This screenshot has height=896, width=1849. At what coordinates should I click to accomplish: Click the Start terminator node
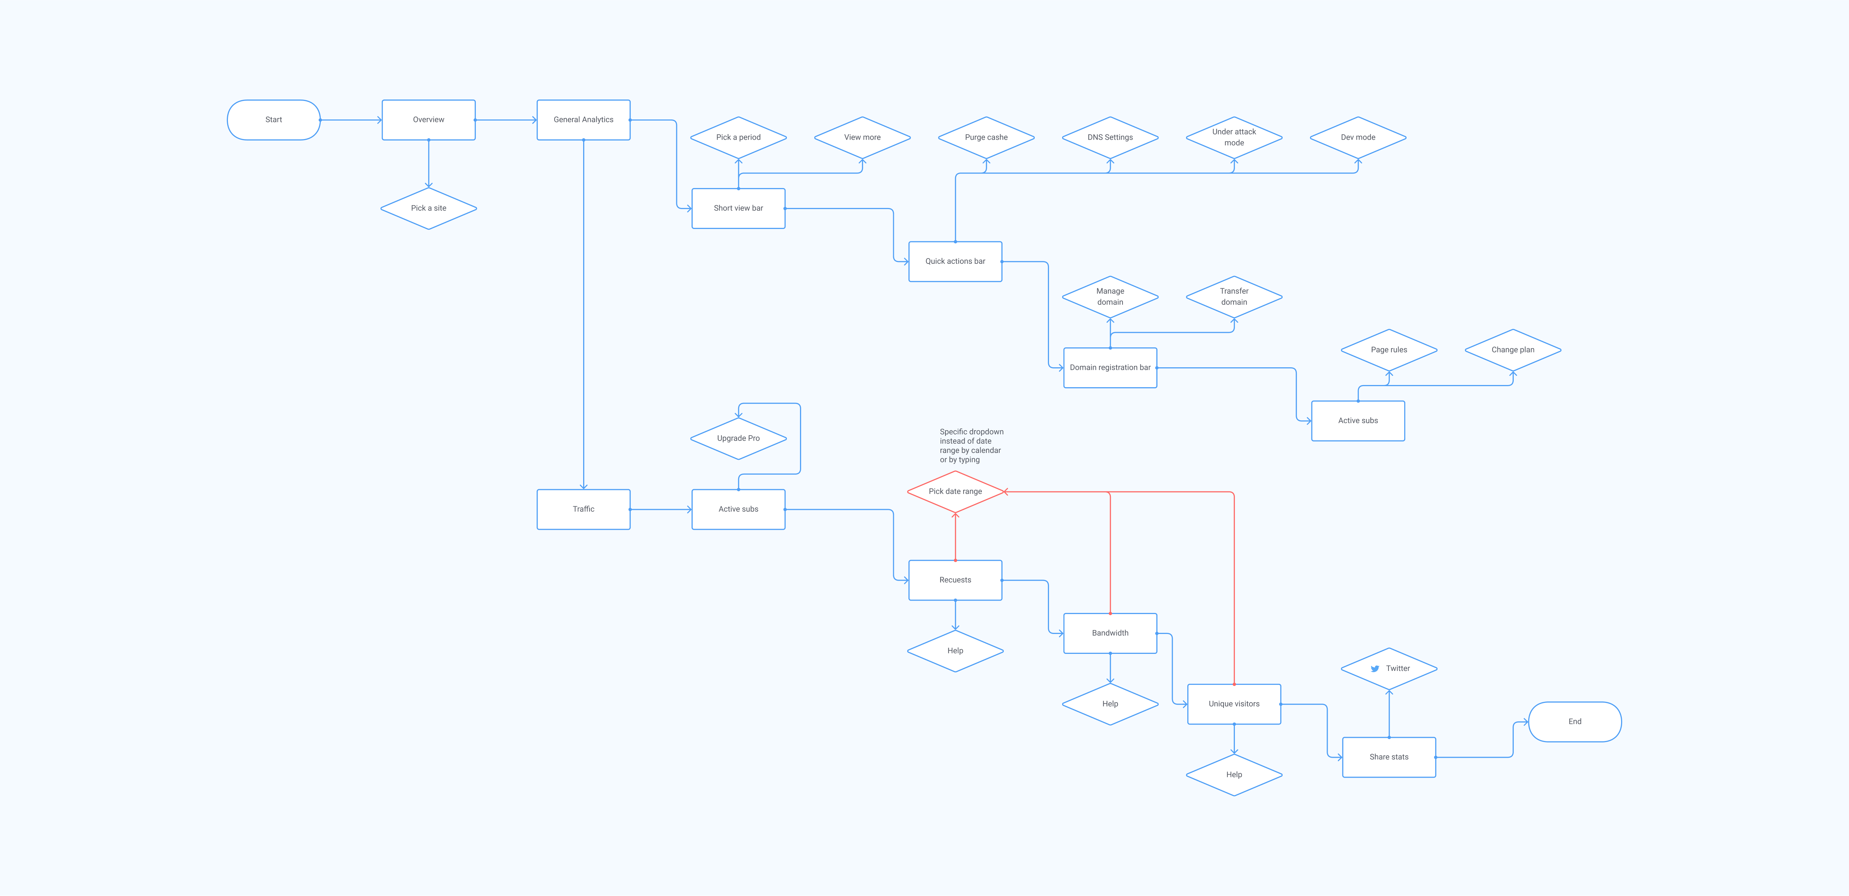273,120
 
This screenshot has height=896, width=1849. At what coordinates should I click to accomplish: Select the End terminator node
1574,721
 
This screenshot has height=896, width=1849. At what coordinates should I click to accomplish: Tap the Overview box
428,120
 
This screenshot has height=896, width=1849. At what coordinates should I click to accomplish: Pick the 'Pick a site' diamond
428,208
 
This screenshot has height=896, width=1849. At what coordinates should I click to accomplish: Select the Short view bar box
738,208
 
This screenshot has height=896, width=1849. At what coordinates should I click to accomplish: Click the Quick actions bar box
955,261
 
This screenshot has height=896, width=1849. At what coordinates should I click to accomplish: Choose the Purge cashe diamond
986,137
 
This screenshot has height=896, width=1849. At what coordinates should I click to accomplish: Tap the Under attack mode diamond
1234,137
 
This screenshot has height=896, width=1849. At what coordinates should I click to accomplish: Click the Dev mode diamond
1357,137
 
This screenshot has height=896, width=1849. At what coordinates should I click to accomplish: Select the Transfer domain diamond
1234,297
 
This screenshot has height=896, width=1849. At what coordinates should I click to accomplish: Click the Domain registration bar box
1110,368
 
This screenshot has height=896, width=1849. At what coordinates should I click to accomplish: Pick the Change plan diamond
1512,350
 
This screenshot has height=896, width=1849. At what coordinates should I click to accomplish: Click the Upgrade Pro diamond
738,438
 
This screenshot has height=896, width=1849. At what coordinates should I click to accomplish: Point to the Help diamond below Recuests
955,650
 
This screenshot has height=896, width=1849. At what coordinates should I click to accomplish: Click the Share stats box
1388,757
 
